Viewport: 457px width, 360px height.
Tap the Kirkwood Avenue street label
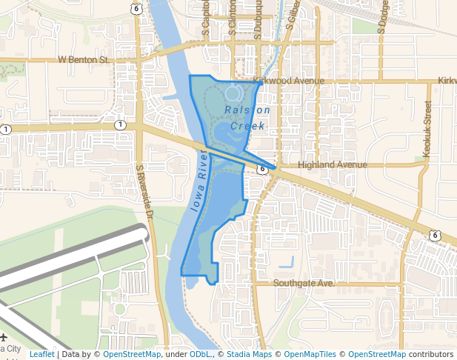click(288, 80)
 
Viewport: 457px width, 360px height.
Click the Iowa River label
click(199, 180)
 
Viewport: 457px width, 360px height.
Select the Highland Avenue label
click(332, 164)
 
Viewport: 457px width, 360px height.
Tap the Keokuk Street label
click(427, 128)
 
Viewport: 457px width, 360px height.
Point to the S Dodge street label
click(382, 16)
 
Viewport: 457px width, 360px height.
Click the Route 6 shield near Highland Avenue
click(262, 170)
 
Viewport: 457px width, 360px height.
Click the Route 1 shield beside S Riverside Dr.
click(120, 124)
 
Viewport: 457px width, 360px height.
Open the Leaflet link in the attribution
click(41, 355)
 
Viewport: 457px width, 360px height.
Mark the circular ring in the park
click(233, 93)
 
